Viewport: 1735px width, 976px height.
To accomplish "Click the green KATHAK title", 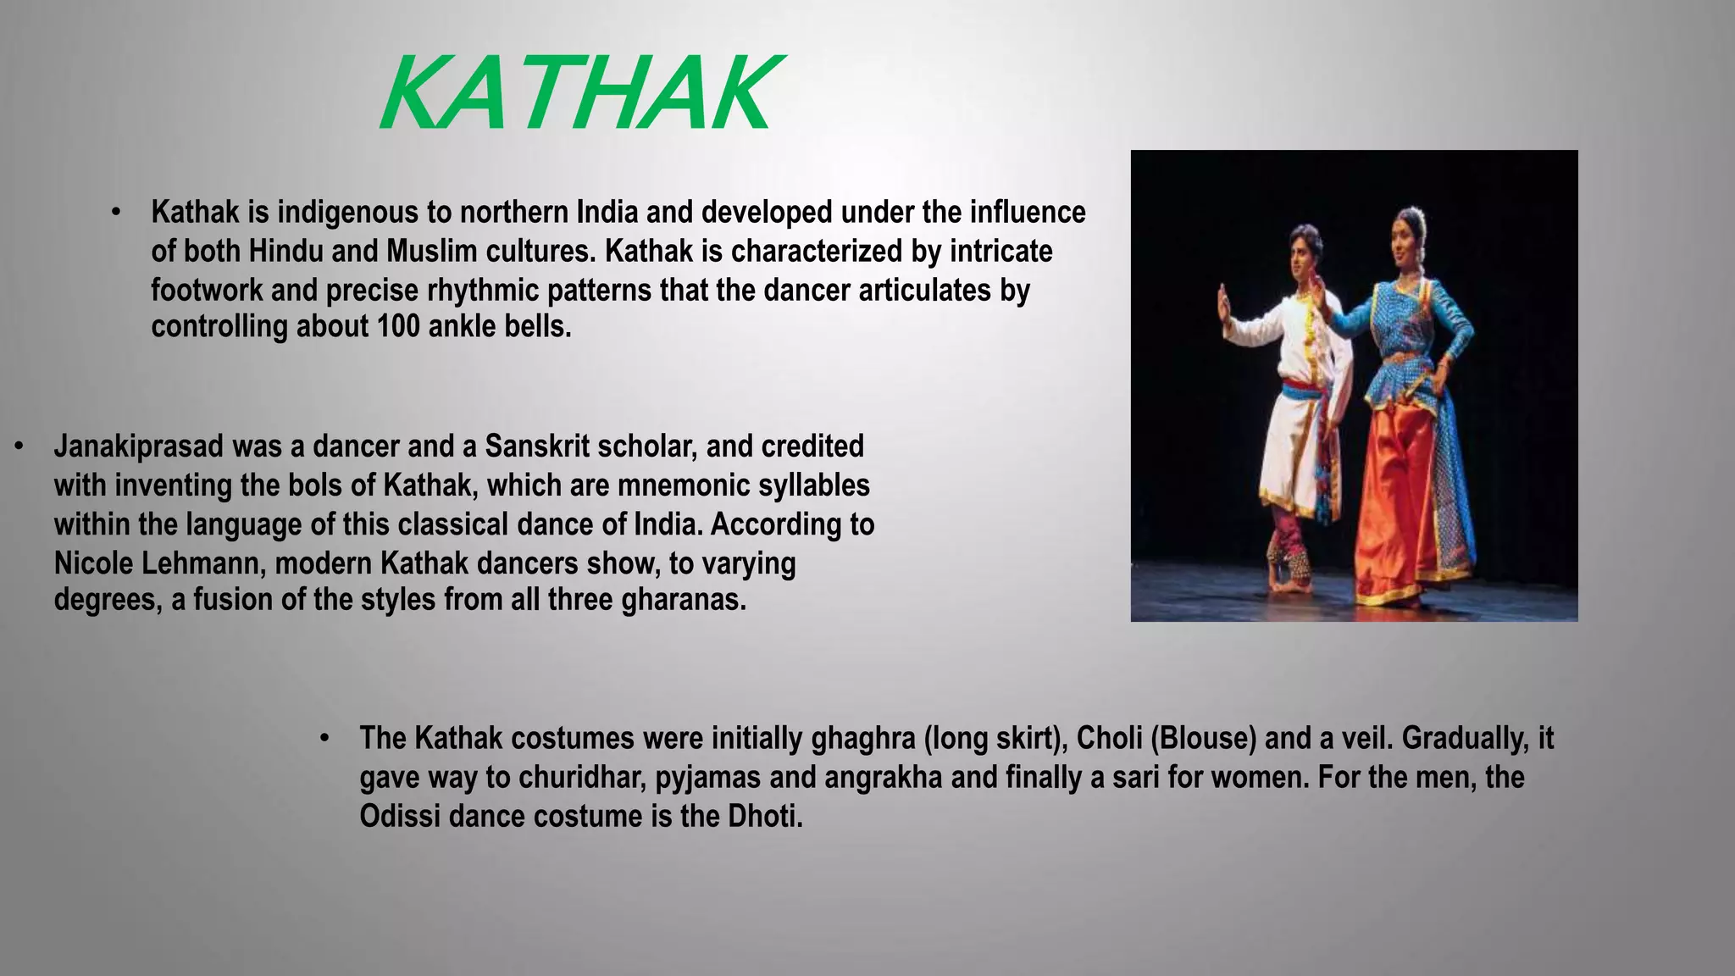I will tap(578, 92).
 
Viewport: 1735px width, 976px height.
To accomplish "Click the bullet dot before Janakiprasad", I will tap(19, 446).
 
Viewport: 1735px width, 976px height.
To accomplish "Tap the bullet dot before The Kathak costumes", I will tap(324, 738).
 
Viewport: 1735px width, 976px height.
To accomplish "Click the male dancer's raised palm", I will tap(1222, 306).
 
